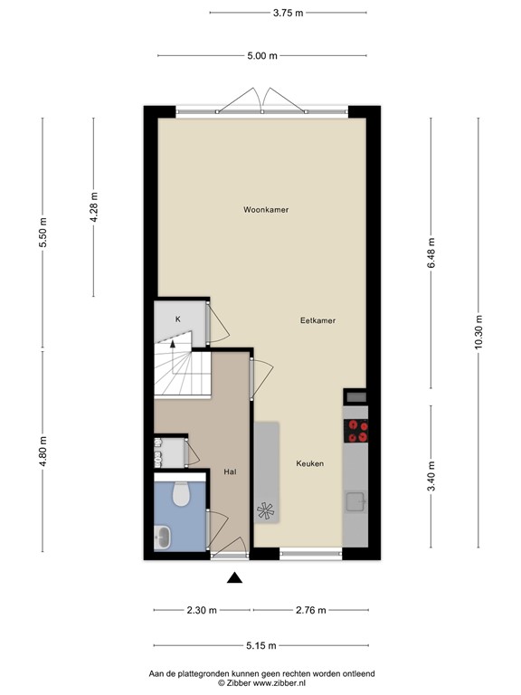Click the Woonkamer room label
pyautogui.click(x=266, y=210)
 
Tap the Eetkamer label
pyautogui.click(x=318, y=320)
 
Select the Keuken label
pyautogui.click(x=309, y=464)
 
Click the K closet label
pyautogui.click(x=178, y=319)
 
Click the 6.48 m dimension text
pyautogui.click(x=431, y=248)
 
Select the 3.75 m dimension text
pyautogui.click(x=288, y=13)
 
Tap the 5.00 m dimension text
pyautogui.click(x=261, y=56)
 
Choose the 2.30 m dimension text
pyautogui.click(x=201, y=611)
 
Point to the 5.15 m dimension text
pyautogui.click(x=260, y=645)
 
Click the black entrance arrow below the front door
pyautogui.click(x=235, y=579)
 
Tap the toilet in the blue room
pyautogui.click(x=179, y=494)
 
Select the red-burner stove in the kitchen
pyautogui.click(x=357, y=432)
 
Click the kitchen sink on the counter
pyautogui.click(x=355, y=502)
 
